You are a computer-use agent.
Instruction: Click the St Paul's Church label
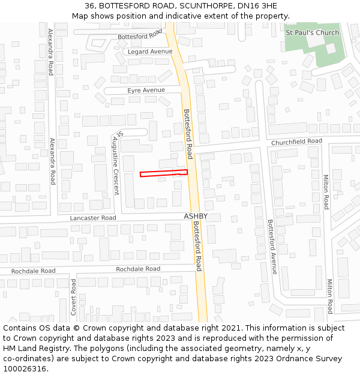(312, 32)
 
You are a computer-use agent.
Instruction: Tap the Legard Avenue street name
(150, 52)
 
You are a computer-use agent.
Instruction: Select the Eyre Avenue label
(146, 91)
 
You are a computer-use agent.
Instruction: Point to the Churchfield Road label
(296, 142)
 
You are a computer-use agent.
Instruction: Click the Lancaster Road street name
(93, 218)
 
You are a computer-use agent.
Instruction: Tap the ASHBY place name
(196, 216)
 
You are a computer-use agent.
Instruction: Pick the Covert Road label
(74, 297)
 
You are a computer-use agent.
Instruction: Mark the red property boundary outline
(164, 173)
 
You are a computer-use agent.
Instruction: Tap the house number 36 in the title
(89, 7)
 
